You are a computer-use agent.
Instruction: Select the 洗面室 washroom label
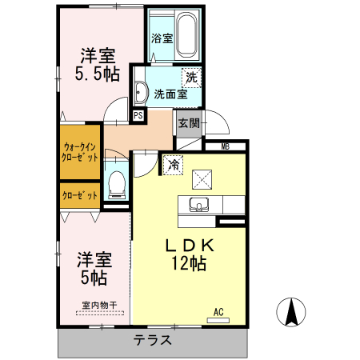pyautogui.click(x=170, y=94)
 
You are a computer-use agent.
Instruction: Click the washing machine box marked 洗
pyautogui.click(x=190, y=78)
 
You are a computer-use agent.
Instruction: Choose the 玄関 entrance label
pyautogui.click(x=189, y=123)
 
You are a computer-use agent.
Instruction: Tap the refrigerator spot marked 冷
pyautogui.click(x=173, y=166)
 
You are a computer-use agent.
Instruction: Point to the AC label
pyautogui.click(x=218, y=312)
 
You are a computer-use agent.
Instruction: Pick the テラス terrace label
pyautogui.click(x=151, y=339)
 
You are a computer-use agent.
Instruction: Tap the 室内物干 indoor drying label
pyautogui.click(x=99, y=304)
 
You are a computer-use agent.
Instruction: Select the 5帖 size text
pyautogui.click(x=93, y=278)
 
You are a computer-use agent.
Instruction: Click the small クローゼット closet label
pyautogui.click(x=79, y=195)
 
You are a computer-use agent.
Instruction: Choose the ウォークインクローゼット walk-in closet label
pyautogui.click(x=79, y=152)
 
